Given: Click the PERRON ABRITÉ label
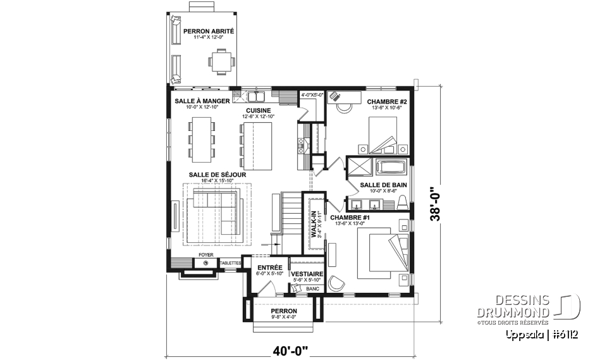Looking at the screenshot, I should [209, 31].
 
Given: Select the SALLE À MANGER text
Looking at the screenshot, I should [202, 101].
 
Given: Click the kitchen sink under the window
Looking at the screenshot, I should [256, 97].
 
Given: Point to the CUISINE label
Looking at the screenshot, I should [259, 109].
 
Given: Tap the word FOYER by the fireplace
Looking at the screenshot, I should [205, 255].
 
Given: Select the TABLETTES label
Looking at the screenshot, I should [230, 263].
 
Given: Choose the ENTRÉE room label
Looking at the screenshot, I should [269, 268].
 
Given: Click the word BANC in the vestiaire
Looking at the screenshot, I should [312, 289].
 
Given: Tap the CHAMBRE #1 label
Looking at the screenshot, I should [350, 217].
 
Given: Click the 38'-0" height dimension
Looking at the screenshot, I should [434, 202].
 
